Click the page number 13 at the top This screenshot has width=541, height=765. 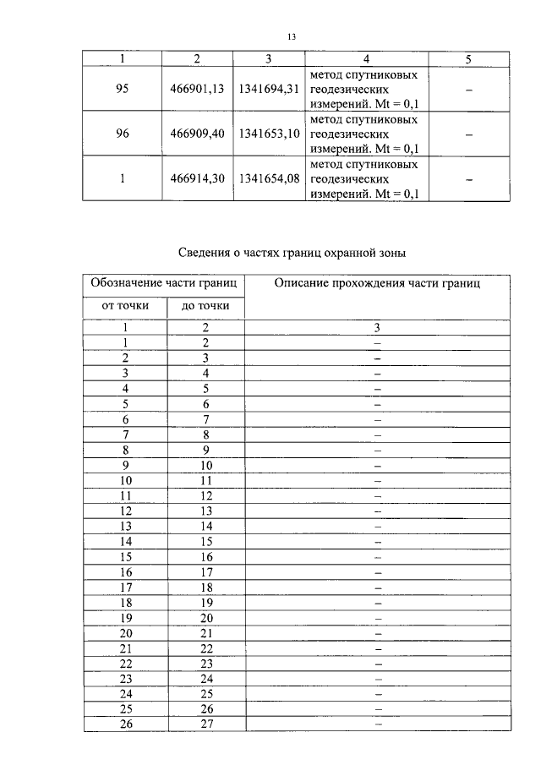click(x=292, y=37)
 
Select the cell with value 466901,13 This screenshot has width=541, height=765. click(x=197, y=88)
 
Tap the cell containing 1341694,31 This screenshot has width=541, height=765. click(x=270, y=88)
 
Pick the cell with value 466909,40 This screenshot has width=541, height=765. click(x=197, y=134)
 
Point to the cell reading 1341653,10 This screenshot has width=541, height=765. click(x=270, y=134)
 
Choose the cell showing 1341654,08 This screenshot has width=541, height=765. click(x=270, y=178)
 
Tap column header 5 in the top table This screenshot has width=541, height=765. click(x=468, y=59)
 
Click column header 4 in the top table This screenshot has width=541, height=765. click(x=366, y=59)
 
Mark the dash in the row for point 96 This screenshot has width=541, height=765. click(x=468, y=134)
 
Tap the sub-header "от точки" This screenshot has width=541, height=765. click(x=124, y=306)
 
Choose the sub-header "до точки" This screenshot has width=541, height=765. click(x=205, y=306)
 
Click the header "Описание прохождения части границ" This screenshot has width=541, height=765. click(x=377, y=284)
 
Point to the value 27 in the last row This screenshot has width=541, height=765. click(x=205, y=724)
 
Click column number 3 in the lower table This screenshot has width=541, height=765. click(x=377, y=327)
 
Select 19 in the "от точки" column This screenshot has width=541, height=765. click(x=124, y=618)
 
